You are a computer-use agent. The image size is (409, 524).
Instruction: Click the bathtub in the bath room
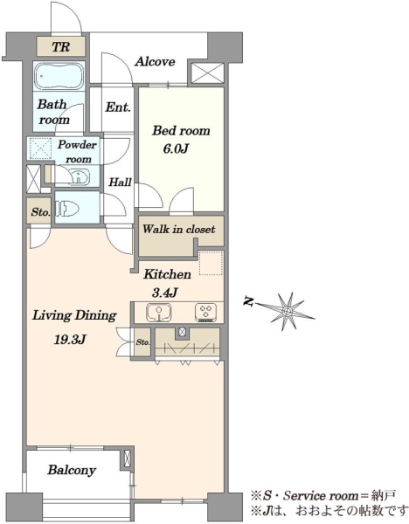click(x=59, y=76)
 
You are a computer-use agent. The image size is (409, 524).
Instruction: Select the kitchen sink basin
click(x=159, y=313)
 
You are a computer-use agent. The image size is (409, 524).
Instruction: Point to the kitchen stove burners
click(x=205, y=313)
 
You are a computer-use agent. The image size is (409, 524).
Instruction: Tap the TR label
click(x=60, y=46)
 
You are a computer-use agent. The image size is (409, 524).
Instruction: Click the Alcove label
click(x=155, y=62)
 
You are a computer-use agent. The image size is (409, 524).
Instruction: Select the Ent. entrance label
click(x=118, y=107)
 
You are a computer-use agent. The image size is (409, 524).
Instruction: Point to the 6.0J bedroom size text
click(x=176, y=148)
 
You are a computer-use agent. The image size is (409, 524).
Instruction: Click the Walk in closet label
click(x=179, y=229)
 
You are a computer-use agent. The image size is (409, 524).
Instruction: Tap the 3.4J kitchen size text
click(x=164, y=293)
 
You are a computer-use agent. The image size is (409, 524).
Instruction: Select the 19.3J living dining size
click(x=71, y=340)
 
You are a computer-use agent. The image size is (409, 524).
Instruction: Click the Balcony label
click(x=72, y=470)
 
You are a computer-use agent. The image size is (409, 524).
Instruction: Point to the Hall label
click(x=121, y=183)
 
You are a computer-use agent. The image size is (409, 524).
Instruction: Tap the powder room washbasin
click(x=79, y=176)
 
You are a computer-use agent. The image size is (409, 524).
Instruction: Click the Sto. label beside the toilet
click(x=40, y=212)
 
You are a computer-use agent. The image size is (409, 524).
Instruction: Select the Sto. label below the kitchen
click(x=142, y=342)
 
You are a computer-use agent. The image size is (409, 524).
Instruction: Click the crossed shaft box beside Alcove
click(x=207, y=72)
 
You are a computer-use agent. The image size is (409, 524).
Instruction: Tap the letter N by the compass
click(x=248, y=302)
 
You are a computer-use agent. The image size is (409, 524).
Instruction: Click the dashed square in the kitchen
click(x=211, y=263)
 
